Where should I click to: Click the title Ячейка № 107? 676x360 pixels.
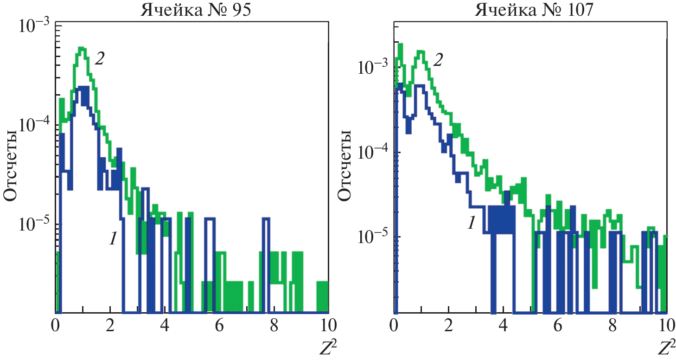coord(534,9)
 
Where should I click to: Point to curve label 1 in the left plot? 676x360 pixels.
coord(112,238)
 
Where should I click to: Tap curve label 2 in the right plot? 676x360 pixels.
coord(437,60)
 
